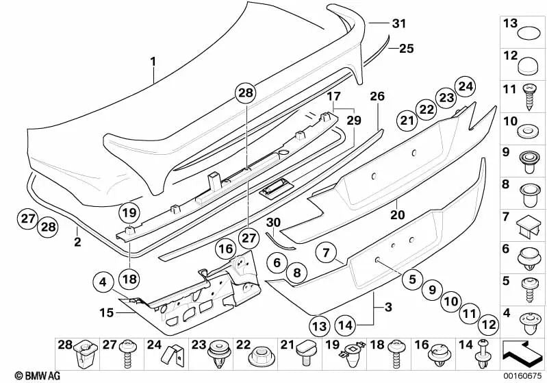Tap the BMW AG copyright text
(x=22, y=376)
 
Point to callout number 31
(x=398, y=23)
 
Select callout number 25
(x=406, y=49)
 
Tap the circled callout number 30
(x=273, y=223)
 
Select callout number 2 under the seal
(x=77, y=242)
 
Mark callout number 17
(x=333, y=97)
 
